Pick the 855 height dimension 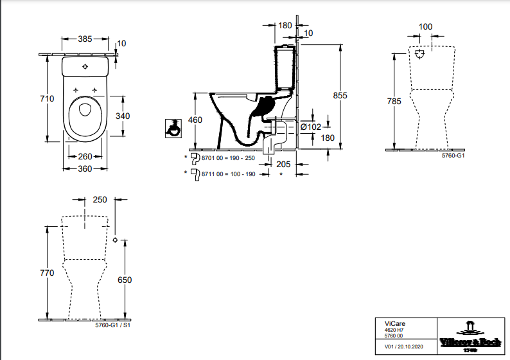click(340, 95)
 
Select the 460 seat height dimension click(195, 120)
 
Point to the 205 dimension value click(283, 164)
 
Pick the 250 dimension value click(100, 200)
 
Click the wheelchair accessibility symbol click(172, 127)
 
